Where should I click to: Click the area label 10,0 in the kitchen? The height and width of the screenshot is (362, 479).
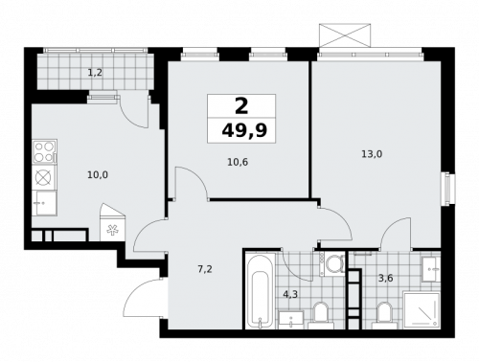(97, 175)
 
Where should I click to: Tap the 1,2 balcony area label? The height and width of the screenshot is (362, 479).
(95, 71)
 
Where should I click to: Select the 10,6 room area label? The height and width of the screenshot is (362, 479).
(239, 162)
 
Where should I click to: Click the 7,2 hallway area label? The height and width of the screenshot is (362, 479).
(204, 269)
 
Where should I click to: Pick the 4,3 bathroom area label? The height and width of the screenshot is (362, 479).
(290, 293)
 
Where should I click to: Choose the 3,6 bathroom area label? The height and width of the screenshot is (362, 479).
(385, 278)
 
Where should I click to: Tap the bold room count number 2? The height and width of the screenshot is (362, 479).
(240, 106)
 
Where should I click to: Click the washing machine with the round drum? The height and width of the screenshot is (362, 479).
(333, 263)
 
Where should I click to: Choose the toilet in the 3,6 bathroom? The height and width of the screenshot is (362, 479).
(385, 313)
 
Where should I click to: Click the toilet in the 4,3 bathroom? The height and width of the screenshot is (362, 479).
(320, 313)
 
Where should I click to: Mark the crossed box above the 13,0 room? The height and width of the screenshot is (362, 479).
(344, 34)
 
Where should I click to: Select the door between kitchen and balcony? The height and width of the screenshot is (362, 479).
(139, 111)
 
